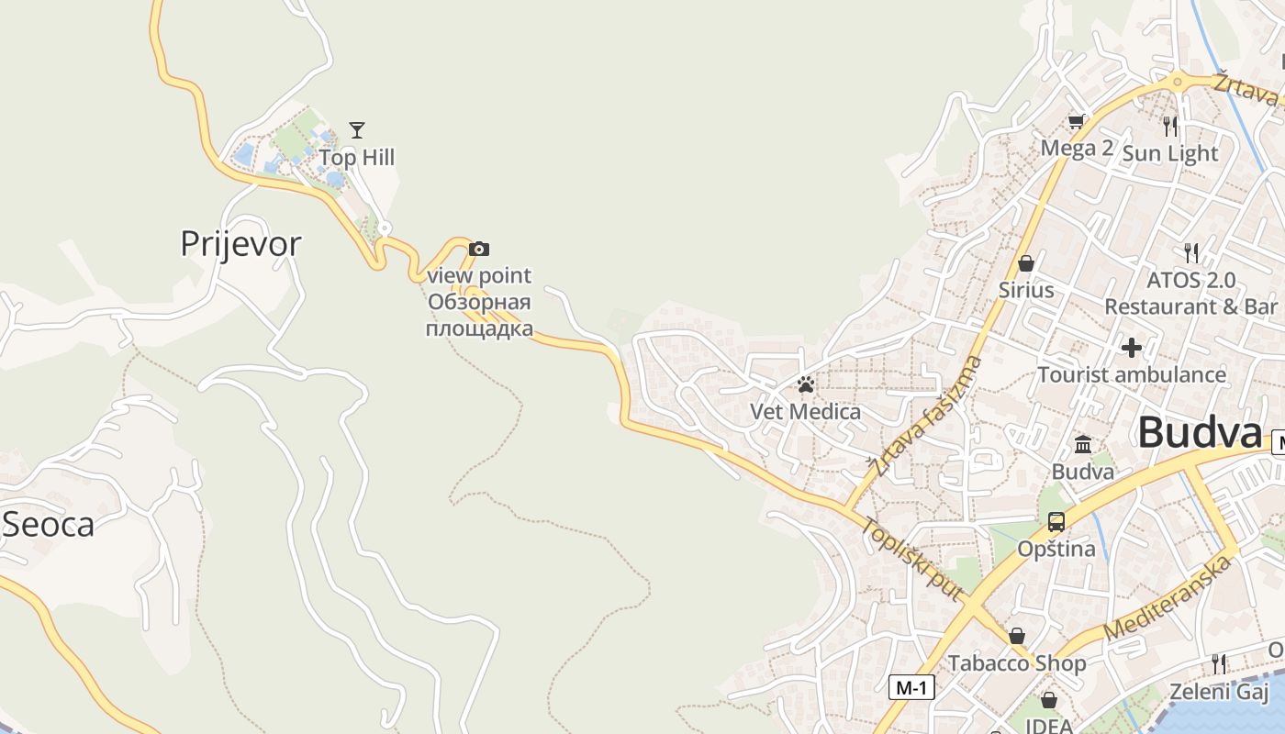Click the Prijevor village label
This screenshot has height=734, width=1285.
pyautogui.click(x=240, y=244)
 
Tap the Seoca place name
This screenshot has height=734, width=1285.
pyautogui.click(x=49, y=525)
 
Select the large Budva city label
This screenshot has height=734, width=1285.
pyautogui.click(x=1200, y=433)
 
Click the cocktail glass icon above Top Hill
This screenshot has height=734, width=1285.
pyautogui.click(x=357, y=130)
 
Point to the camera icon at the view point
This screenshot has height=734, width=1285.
pyautogui.click(x=479, y=249)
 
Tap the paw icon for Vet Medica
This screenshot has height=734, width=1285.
pyautogui.click(x=806, y=384)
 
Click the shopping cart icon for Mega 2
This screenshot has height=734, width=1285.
pyautogui.click(x=1077, y=121)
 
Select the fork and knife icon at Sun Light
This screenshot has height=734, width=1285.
pyautogui.click(x=1169, y=126)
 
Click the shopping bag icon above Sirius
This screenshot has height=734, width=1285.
pyautogui.click(x=1026, y=263)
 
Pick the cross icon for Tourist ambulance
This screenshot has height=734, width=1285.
pyautogui.click(x=1132, y=348)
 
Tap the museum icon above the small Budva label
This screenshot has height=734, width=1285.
pyautogui.click(x=1083, y=445)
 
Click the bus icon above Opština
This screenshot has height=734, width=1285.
pyautogui.click(x=1056, y=522)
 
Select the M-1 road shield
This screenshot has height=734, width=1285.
pyautogui.click(x=911, y=687)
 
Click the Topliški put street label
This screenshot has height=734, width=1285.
pyautogui.click(x=912, y=560)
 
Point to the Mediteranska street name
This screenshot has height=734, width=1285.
pyautogui.click(x=1167, y=598)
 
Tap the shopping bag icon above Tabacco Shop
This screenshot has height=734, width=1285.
pyautogui.click(x=1017, y=636)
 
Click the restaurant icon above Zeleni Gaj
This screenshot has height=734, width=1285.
pyautogui.click(x=1219, y=663)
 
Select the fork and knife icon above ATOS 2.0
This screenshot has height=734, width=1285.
pyautogui.click(x=1191, y=252)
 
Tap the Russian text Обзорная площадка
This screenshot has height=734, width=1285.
pyautogui.click(x=479, y=315)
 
